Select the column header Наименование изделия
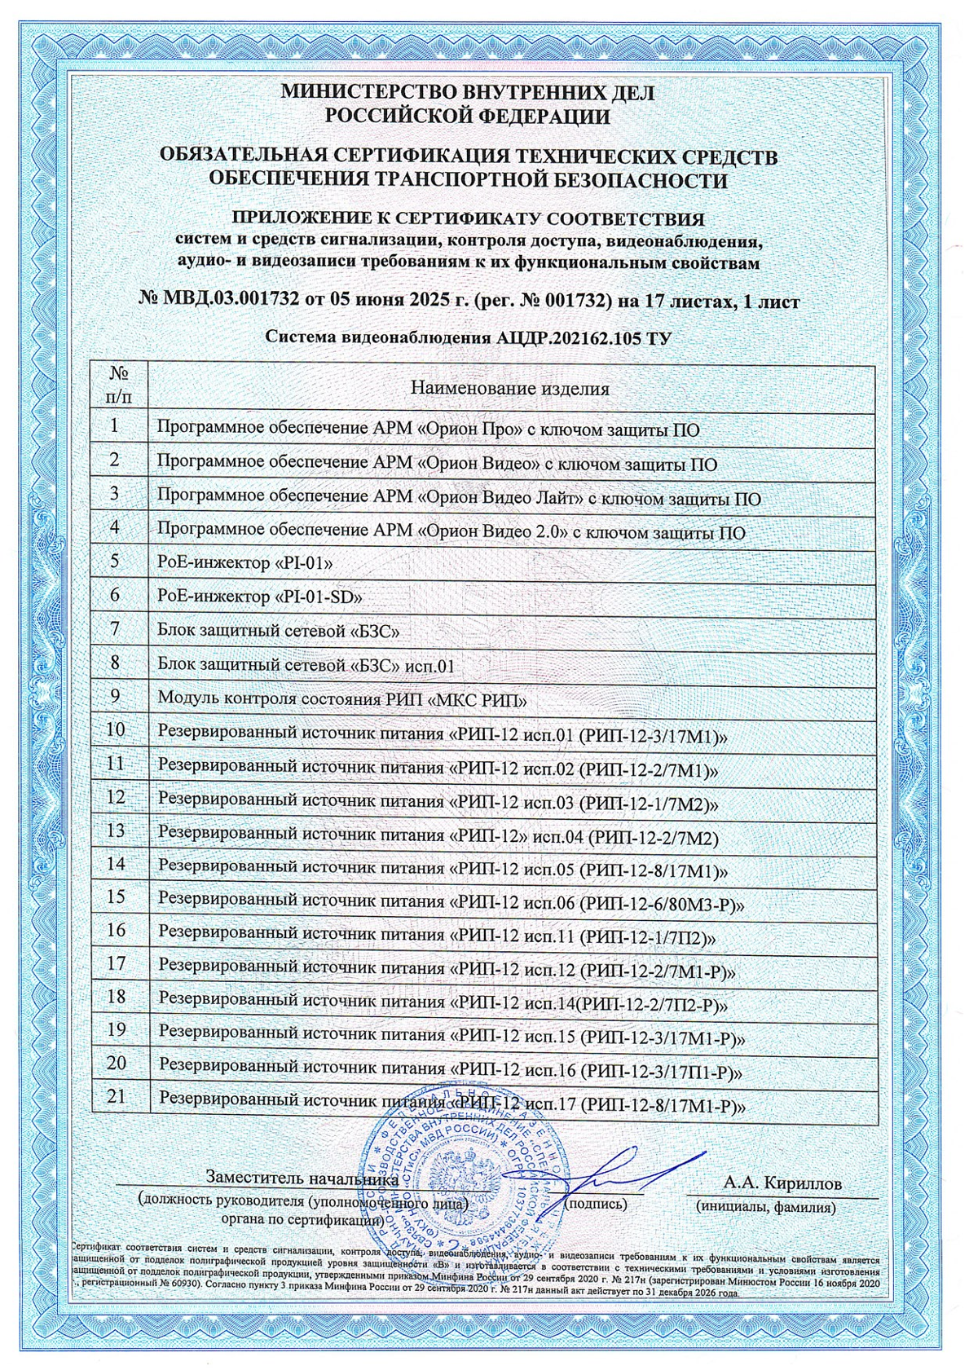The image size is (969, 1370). click(x=510, y=388)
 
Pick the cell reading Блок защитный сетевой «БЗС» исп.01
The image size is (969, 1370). click(x=305, y=666)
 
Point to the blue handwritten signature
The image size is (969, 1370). click(x=603, y=1174)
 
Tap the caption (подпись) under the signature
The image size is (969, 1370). click(x=595, y=1203)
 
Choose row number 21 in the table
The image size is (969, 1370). click(x=116, y=1097)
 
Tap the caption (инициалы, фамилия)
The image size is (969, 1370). click(x=765, y=1207)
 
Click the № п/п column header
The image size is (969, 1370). click(x=120, y=383)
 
